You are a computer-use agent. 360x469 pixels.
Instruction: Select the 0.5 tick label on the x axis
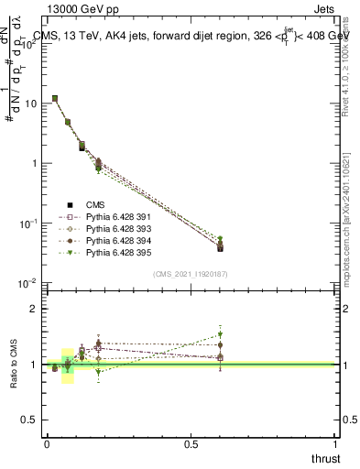191,443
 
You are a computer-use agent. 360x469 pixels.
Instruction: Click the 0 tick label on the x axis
47,443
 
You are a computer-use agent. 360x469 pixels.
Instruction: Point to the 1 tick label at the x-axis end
336,443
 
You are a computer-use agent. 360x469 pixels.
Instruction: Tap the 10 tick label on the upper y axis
31,104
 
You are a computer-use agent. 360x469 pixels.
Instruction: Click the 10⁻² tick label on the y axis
29,283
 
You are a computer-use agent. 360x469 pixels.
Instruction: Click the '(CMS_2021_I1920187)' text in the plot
191,274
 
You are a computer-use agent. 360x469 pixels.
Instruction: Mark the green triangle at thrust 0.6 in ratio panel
220,334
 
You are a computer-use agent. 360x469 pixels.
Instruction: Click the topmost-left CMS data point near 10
55,98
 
